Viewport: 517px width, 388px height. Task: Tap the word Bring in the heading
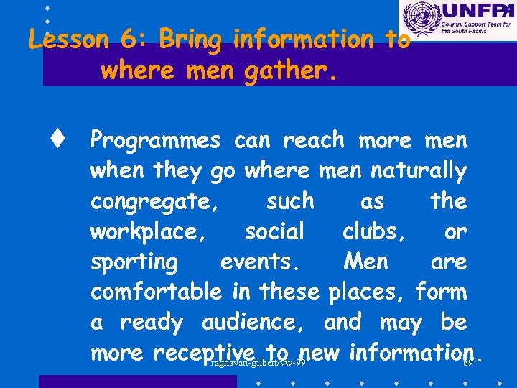coord(191,40)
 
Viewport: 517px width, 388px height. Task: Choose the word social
coord(274,231)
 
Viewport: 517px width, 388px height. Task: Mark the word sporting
coord(134,262)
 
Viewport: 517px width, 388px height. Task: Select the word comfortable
coord(157,292)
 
